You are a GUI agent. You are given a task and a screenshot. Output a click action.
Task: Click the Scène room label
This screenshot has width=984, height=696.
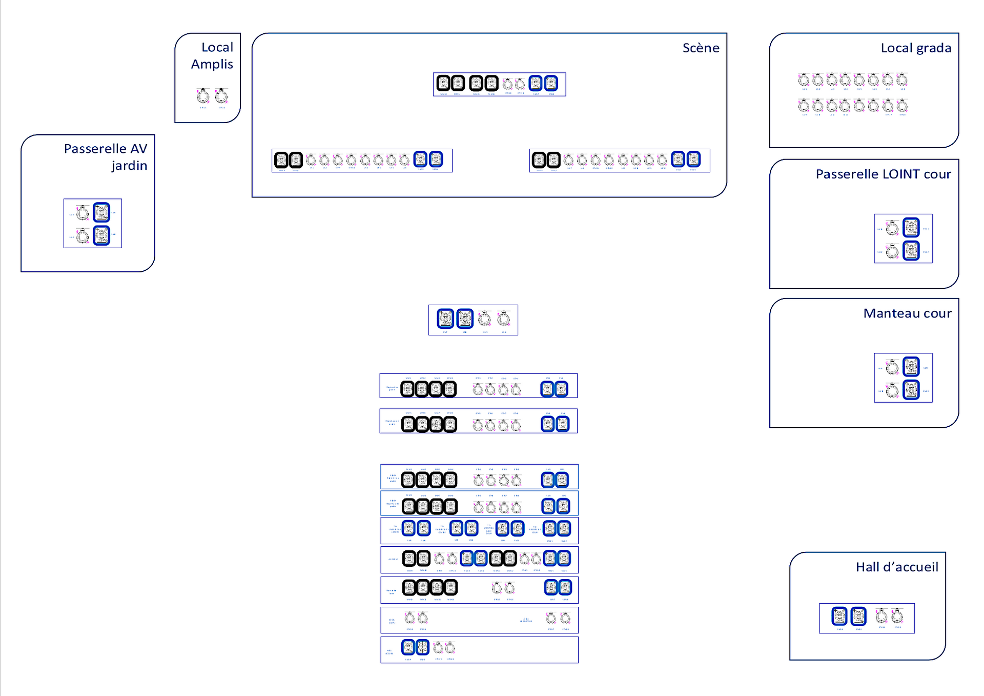(701, 48)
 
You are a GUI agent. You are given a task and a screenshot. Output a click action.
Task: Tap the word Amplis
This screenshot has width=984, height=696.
(212, 65)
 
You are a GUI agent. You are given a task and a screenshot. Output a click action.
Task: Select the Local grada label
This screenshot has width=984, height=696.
(915, 48)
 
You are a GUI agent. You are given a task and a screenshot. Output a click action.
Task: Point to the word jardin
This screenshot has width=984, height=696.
(129, 166)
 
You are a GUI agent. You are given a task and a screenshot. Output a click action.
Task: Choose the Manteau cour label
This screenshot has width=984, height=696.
(907, 313)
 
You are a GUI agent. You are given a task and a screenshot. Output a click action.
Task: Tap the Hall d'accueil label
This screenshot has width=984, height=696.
(896, 567)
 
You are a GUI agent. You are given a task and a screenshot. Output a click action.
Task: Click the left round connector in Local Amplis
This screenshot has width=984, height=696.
(203, 96)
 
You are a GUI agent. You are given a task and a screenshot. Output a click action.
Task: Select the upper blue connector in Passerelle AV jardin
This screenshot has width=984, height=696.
(101, 212)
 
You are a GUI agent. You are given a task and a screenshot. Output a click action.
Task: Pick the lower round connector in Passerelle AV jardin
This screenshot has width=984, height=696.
(83, 236)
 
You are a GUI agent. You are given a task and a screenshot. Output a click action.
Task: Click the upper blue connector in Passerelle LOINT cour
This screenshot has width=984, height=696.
(911, 227)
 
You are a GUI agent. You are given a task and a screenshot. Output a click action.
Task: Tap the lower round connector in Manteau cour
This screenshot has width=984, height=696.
(892, 391)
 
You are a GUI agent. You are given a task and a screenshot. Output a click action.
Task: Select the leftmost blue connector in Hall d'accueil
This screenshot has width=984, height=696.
(839, 616)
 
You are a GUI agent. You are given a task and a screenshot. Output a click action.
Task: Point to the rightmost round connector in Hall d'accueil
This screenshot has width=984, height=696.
(897, 616)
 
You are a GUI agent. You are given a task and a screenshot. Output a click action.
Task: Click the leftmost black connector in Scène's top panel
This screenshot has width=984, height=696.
(443, 83)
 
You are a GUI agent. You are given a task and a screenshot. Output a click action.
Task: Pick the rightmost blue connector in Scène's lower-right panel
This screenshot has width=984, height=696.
(693, 159)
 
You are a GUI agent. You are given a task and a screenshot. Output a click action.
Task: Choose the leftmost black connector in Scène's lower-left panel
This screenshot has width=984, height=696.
(281, 160)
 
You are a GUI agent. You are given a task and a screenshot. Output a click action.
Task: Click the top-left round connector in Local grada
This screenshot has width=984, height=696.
(804, 79)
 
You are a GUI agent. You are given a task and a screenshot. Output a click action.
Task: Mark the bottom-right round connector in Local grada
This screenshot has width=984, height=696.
(901, 106)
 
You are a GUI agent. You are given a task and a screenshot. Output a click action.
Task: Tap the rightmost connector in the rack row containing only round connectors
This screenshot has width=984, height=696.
(565, 618)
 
